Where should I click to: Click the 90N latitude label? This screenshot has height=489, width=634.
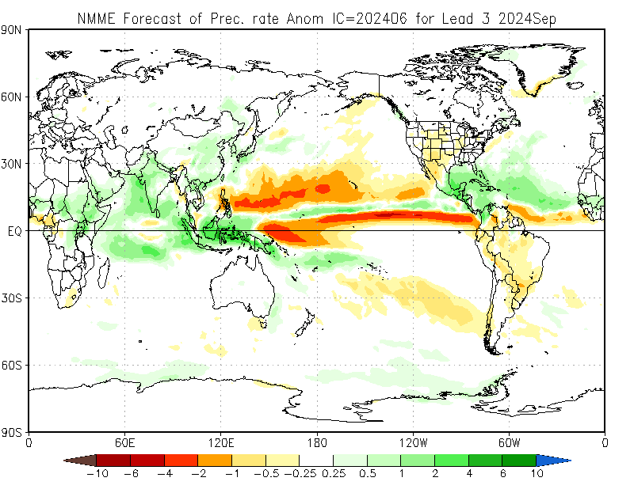click(x=13, y=30)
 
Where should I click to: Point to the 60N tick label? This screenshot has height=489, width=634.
click(x=13, y=97)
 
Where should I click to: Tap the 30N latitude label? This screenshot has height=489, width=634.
click(x=13, y=164)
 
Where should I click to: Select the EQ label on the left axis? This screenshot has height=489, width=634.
click(x=14, y=231)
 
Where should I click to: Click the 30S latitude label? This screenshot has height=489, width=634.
click(x=13, y=298)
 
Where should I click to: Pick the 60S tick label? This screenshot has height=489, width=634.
click(x=13, y=365)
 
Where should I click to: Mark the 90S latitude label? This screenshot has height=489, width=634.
click(x=13, y=432)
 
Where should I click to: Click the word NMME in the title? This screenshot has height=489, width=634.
click(x=94, y=17)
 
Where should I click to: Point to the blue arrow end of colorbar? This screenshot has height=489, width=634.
click(x=553, y=460)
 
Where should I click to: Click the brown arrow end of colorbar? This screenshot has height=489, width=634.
click(x=79, y=460)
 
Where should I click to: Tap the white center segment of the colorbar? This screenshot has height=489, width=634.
click(x=316, y=460)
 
